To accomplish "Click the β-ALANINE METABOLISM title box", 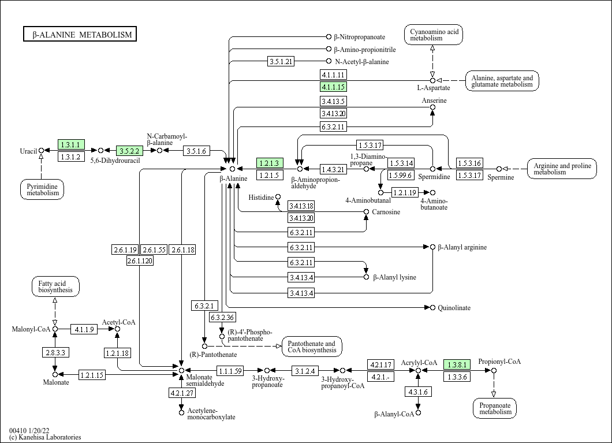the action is coord(80,34).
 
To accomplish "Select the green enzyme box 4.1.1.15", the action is coord(333,87).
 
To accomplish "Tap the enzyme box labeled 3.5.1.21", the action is coord(281,61).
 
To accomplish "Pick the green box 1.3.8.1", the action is coord(457,364).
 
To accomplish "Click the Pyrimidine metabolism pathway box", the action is coord(42,189).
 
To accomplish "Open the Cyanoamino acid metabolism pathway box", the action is coord(434,35).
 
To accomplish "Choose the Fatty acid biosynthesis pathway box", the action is coord(55,286).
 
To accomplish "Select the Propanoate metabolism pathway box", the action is coord(495,409).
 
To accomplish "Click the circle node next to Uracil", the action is coord(41,150).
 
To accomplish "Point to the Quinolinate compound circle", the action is coord(432,308).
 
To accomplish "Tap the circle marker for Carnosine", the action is coord(366,211).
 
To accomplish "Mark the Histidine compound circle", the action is coord(278,197).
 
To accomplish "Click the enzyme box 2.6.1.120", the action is coord(140,260).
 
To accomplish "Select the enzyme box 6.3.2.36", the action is coord(222,317).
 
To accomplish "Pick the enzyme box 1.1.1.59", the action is coord(230,371).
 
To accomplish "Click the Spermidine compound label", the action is coord(434,177).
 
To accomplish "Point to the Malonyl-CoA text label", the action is coord(31,329).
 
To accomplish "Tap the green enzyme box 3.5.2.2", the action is coord(129,151).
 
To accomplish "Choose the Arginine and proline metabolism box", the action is coord(562,169).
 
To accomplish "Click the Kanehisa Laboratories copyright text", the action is coord(45,437).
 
